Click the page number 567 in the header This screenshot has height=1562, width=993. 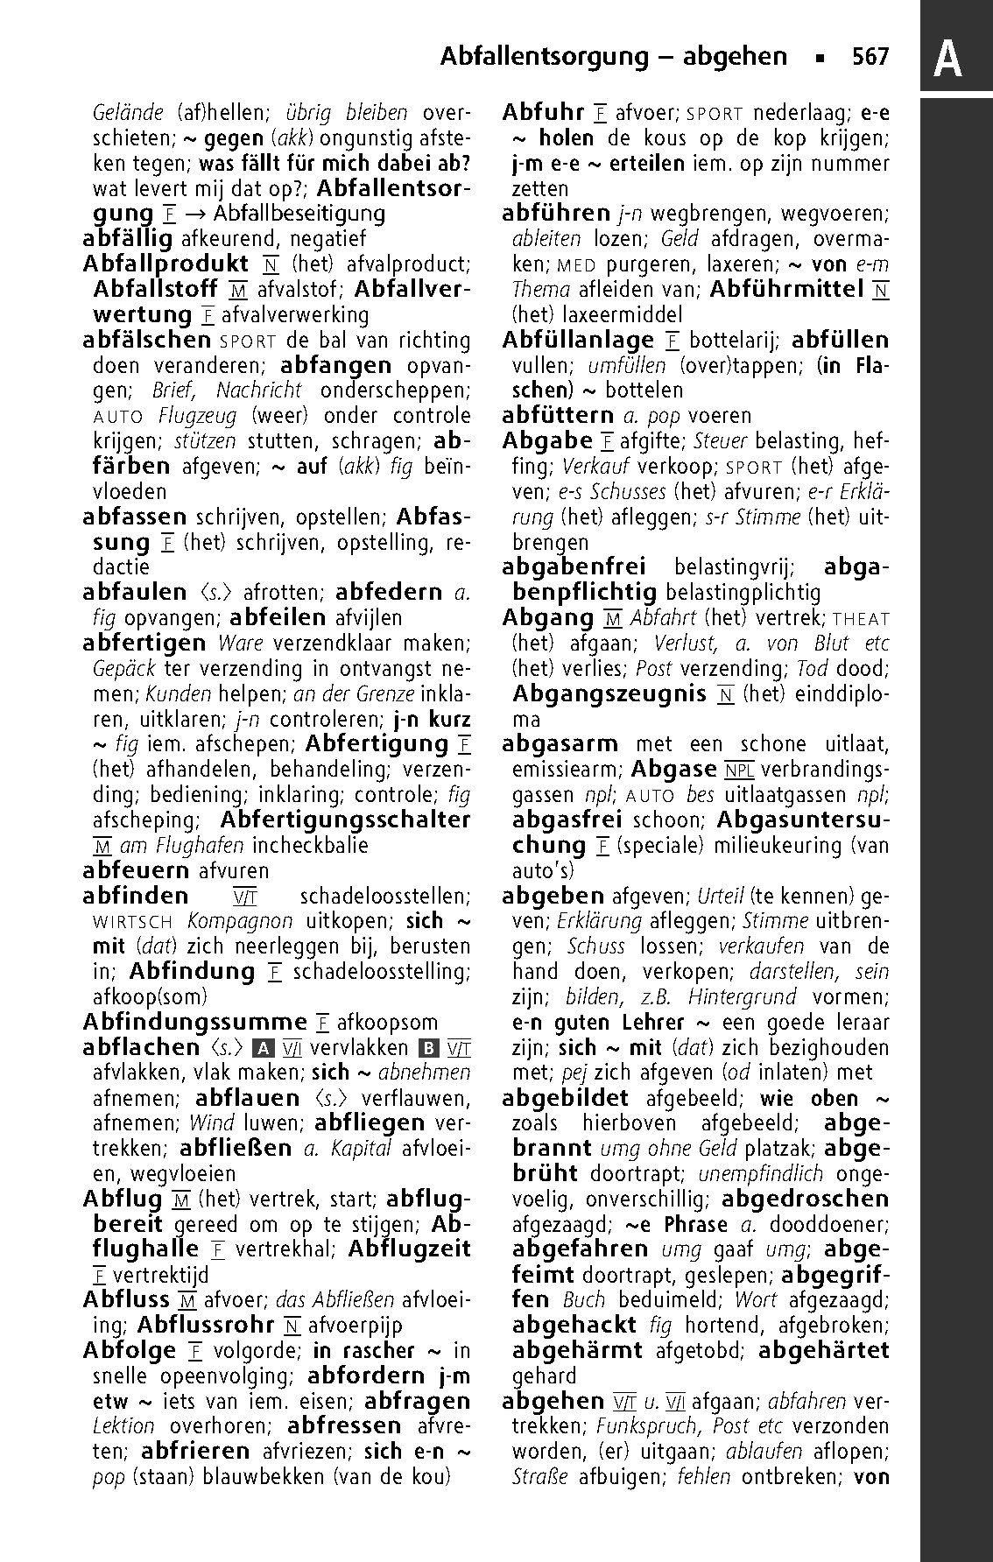(x=870, y=58)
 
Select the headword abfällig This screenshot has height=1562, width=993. (x=127, y=238)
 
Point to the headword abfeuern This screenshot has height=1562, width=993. (x=136, y=871)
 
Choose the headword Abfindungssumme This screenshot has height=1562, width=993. (x=194, y=1022)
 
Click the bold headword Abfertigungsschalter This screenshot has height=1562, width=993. (x=345, y=820)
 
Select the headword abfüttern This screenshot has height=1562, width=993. (x=559, y=415)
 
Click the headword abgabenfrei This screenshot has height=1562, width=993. (x=574, y=567)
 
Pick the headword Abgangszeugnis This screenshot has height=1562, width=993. (x=609, y=694)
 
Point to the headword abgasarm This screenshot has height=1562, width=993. (x=560, y=745)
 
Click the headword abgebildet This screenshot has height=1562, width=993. (x=566, y=1098)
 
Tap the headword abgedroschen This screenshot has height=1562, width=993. (x=805, y=1200)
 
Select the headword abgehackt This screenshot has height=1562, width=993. (x=576, y=1326)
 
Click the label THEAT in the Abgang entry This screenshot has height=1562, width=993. (x=861, y=618)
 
